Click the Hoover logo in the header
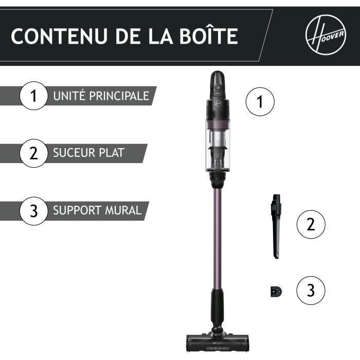tap(325, 35)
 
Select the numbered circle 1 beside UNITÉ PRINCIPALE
tap(33, 96)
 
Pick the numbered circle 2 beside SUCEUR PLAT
tap(33, 153)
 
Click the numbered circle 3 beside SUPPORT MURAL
tap(33, 211)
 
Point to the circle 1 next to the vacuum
tap(260, 101)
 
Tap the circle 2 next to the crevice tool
tap(311, 224)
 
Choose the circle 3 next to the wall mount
tap(311, 291)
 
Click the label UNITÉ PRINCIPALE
tap(101, 96)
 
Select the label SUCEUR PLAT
tap(88, 153)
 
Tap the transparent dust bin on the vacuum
tap(217, 149)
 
